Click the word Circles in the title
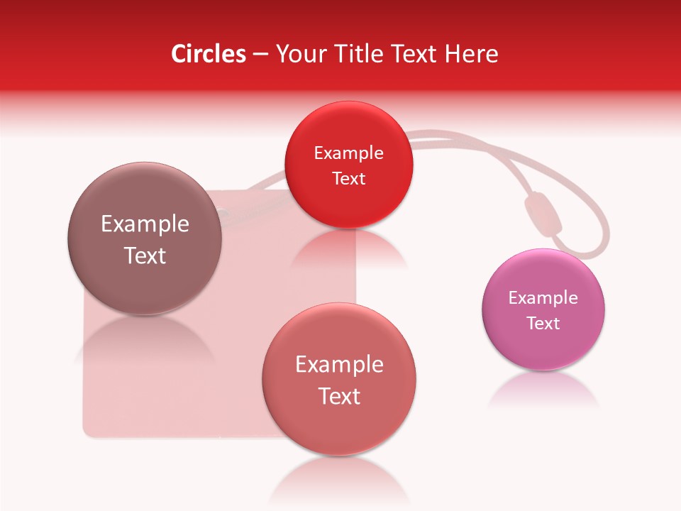[209, 54]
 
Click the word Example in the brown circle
[145, 224]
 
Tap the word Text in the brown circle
[145, 255]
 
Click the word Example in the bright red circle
[348, 153]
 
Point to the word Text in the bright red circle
[348, 179]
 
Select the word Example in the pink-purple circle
[543, 298]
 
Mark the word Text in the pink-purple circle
[543, 324]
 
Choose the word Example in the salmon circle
[339, 365]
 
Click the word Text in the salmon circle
[339, 396]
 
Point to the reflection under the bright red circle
[348, 248]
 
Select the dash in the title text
[260, 54]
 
